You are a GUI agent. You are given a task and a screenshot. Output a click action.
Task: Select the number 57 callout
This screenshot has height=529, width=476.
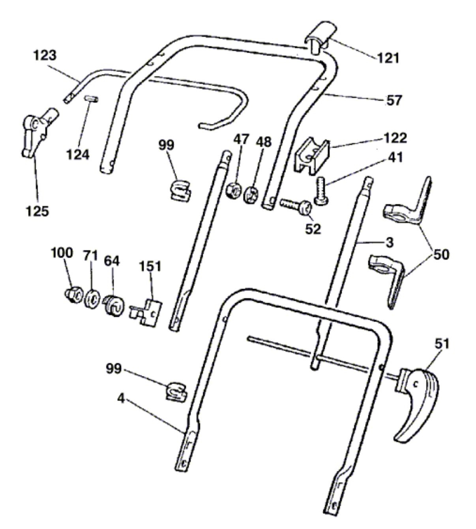click(394, 100)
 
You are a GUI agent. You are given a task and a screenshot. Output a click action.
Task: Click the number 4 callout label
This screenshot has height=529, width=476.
click(121, 399)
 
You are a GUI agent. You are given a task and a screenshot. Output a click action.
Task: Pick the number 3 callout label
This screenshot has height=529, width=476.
click(389, 242)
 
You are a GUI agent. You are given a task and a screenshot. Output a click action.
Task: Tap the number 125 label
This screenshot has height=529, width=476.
click(38, 211)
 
